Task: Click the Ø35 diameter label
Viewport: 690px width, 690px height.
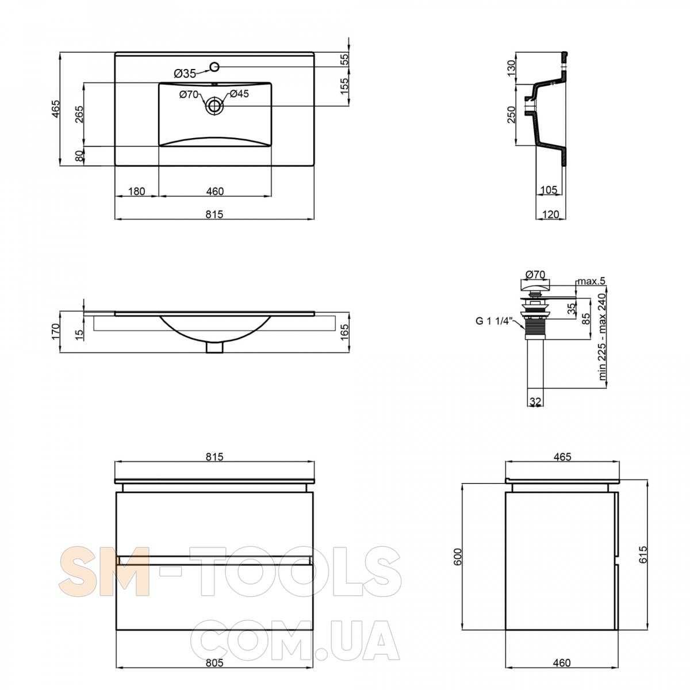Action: (x=185, y=74)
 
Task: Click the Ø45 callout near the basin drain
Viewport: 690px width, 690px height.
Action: (x=239, y=94)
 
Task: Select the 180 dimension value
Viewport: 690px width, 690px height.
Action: (x=136, y=191)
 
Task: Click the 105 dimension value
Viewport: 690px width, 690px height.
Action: (x=549, y=190)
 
